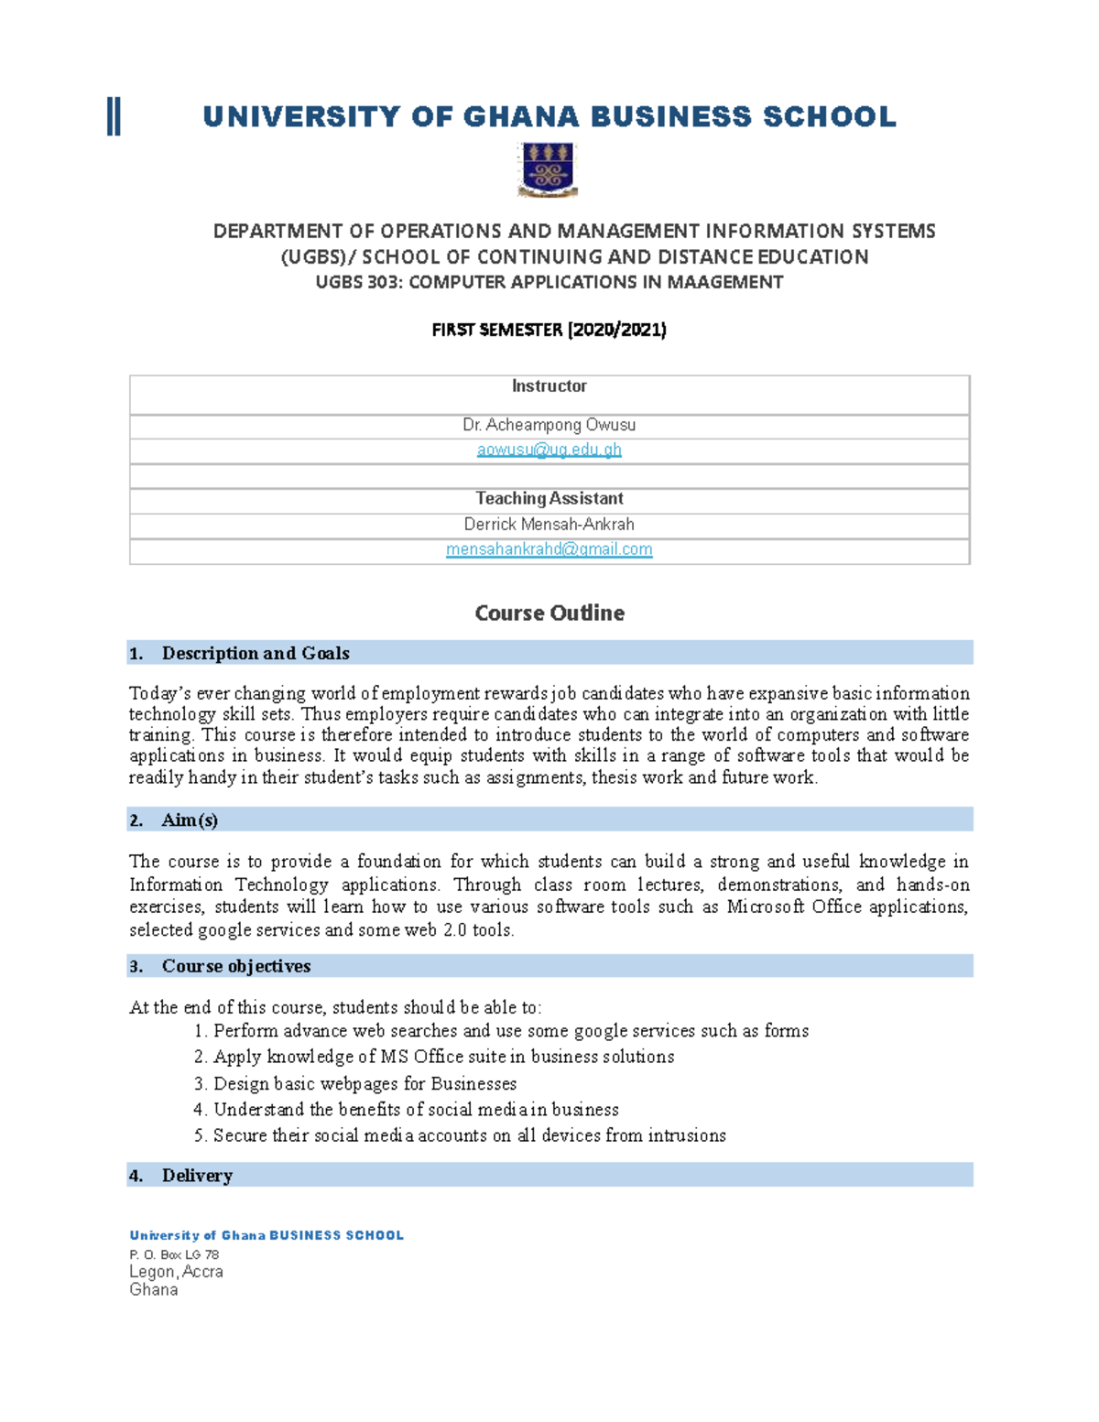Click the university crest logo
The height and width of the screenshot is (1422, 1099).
(x=548, y=169)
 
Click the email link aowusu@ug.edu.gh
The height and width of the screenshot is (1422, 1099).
(x=549, y=450)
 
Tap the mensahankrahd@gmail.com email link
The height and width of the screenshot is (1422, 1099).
(x=549, y=549)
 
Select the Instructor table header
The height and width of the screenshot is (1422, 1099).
(x=549, y=386)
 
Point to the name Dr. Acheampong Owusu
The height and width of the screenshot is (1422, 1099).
(x=549, y=425)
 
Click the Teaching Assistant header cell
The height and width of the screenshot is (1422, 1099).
(x=549, y=499)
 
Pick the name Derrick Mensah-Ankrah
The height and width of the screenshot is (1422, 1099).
(x=549, y=525)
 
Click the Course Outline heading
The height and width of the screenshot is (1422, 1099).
(x=549, y=613)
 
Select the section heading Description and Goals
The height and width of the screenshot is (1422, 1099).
(x=255, y=653)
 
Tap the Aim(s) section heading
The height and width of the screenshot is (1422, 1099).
(x=190, y=820)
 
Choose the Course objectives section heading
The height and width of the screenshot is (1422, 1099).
(x=235, y=966)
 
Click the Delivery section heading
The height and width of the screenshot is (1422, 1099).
(x=197, y=1176)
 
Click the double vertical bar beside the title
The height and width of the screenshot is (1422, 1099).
(x=114, y=117)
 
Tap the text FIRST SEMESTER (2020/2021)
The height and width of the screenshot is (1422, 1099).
(x=549, y=330)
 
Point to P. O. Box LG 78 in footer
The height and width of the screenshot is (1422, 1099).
(x=174, y=1254)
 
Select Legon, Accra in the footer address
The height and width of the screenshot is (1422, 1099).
(x=176, y=1272)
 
